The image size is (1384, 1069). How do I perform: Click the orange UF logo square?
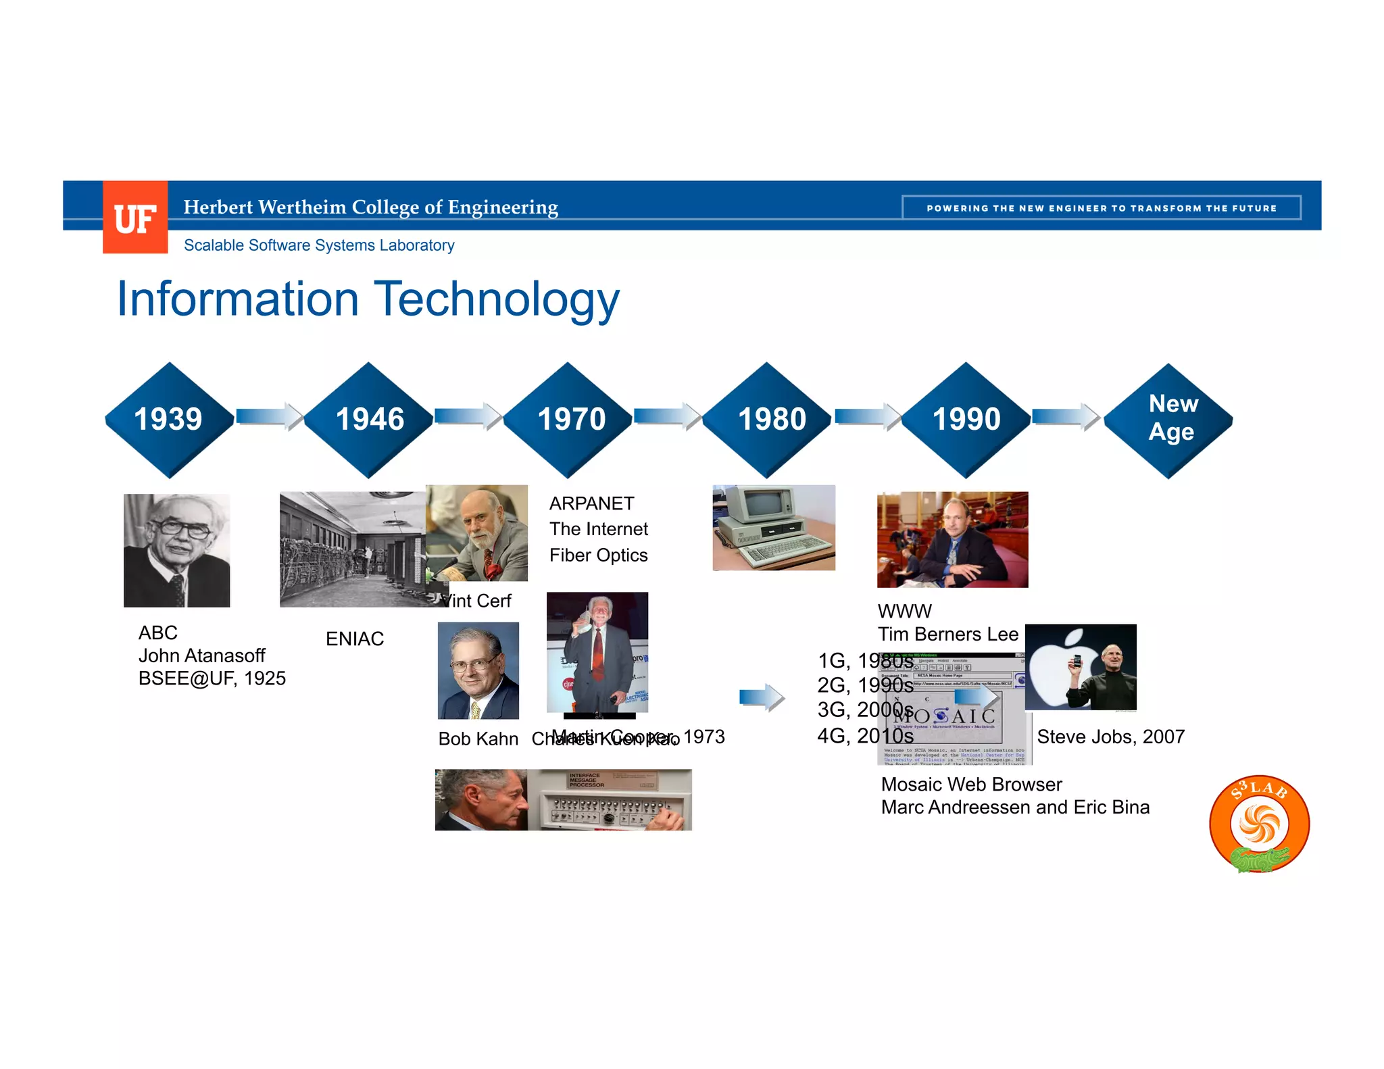point(135,217)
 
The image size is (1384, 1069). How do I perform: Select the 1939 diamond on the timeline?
point(169,420)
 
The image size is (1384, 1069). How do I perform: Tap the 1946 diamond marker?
point(369,420)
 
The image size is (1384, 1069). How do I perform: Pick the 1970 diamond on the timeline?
point(569,420)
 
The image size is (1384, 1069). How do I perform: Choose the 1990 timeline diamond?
point(966,420)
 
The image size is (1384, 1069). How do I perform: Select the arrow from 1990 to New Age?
point(1065,416)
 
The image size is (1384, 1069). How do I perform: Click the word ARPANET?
point(591,503)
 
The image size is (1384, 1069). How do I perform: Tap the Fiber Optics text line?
point(598,555)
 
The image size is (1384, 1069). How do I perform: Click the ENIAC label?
point(354,639)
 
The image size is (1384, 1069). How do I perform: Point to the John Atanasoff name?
point(201,655)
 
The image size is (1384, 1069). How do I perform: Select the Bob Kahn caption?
point(478,739)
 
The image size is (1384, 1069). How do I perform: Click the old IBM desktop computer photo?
point(774,527)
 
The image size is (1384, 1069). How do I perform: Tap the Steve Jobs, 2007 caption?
point(1110,737)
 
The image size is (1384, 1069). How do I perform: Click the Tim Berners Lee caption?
point(947,635)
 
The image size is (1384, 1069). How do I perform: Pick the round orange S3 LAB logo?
point(1259,824)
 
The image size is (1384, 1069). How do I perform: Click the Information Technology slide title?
point(368,299)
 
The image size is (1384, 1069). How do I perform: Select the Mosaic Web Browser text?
point(971,785)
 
